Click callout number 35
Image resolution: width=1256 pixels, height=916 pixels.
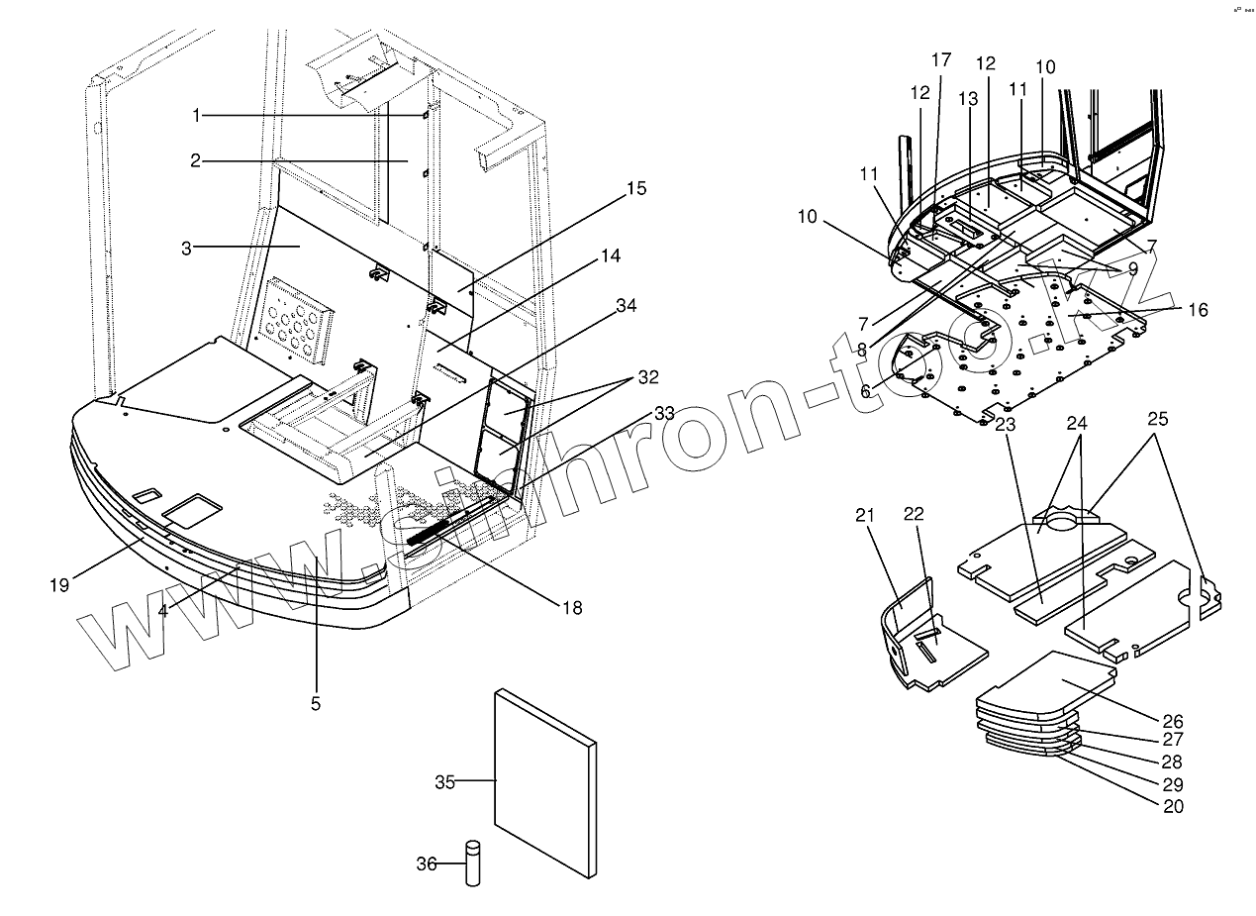pyautogui.click(x=443, y=782)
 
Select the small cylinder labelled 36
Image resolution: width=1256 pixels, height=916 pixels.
pyautogui.click(x=473, y=864)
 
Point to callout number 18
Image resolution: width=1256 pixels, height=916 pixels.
pyautogui.click(x=571, y=607)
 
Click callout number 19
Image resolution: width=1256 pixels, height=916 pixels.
pyautogui.click(x=59, y=584)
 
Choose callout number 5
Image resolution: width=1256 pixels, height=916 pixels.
pyautogui.click(x=315, y=704)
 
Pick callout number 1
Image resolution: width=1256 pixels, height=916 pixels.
pyautogui.click(x=196, y=116)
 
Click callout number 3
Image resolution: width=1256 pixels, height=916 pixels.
pyautogui.click(x=186, y=248)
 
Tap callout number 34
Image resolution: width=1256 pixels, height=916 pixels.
pyautogui.click(x=626, y=306)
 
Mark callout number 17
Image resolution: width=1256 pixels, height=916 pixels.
pyautogui.click(x=940, y=58)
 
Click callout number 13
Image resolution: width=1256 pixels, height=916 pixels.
pyautogui.click(x=967, y=99)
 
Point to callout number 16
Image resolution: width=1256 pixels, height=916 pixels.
pyautogui.click(x=1198, y=310)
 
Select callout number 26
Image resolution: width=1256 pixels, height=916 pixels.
pyautogui.click(x=1173, y=721)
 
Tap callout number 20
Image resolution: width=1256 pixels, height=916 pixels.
pyautogui.click(x=1173, y=806)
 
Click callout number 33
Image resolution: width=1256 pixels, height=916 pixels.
pyautogui.click(x=652, y=412)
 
